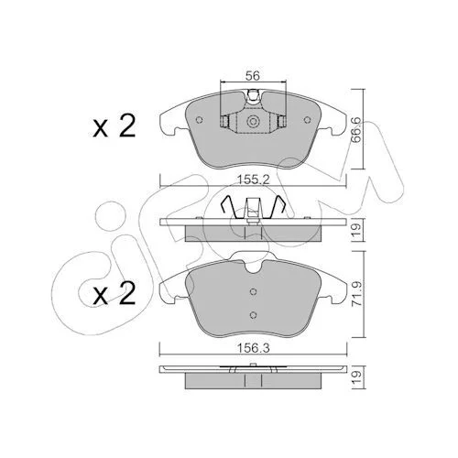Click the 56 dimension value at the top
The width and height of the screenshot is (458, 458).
253,75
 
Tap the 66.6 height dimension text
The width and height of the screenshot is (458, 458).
356,129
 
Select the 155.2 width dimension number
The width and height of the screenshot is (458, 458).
254,180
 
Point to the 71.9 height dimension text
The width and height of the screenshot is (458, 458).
357,294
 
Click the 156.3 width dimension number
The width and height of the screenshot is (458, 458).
254,348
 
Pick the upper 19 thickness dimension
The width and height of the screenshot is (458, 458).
357,230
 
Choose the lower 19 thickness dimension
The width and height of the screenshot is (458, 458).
357,377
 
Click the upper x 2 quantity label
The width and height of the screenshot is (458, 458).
114,126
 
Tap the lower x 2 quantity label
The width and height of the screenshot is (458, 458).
114,294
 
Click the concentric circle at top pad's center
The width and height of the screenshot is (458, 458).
253,121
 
